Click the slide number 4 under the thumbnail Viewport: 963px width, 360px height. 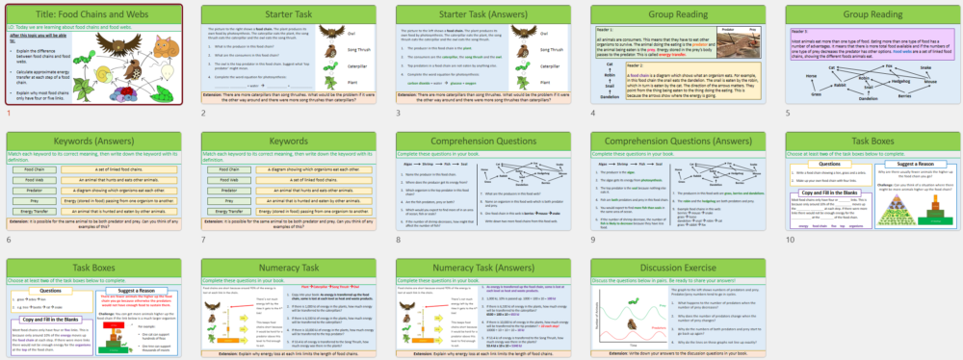(591, 113)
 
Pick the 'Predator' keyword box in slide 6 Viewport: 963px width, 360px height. (31, 190)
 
